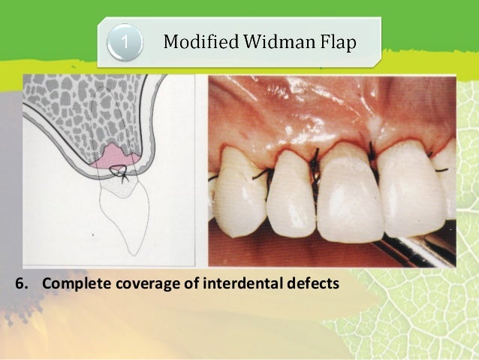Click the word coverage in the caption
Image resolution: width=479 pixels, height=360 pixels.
pyautogui.click(x=147, y=285)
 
